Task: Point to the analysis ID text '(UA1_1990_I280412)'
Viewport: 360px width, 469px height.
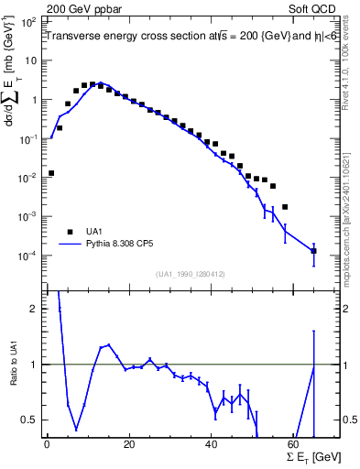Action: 192,272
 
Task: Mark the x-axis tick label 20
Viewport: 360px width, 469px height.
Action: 129,445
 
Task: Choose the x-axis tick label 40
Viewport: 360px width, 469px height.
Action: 212,445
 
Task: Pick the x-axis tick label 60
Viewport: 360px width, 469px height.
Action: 294,445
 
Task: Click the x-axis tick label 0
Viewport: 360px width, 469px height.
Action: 47,445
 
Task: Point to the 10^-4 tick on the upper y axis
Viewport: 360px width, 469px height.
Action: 32,256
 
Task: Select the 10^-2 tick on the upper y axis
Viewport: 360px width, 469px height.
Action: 32,177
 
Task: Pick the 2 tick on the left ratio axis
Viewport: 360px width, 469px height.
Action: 38,309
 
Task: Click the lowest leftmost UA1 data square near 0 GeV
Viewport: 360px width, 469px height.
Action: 51,172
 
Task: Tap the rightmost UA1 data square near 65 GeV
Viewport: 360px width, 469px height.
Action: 314,250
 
